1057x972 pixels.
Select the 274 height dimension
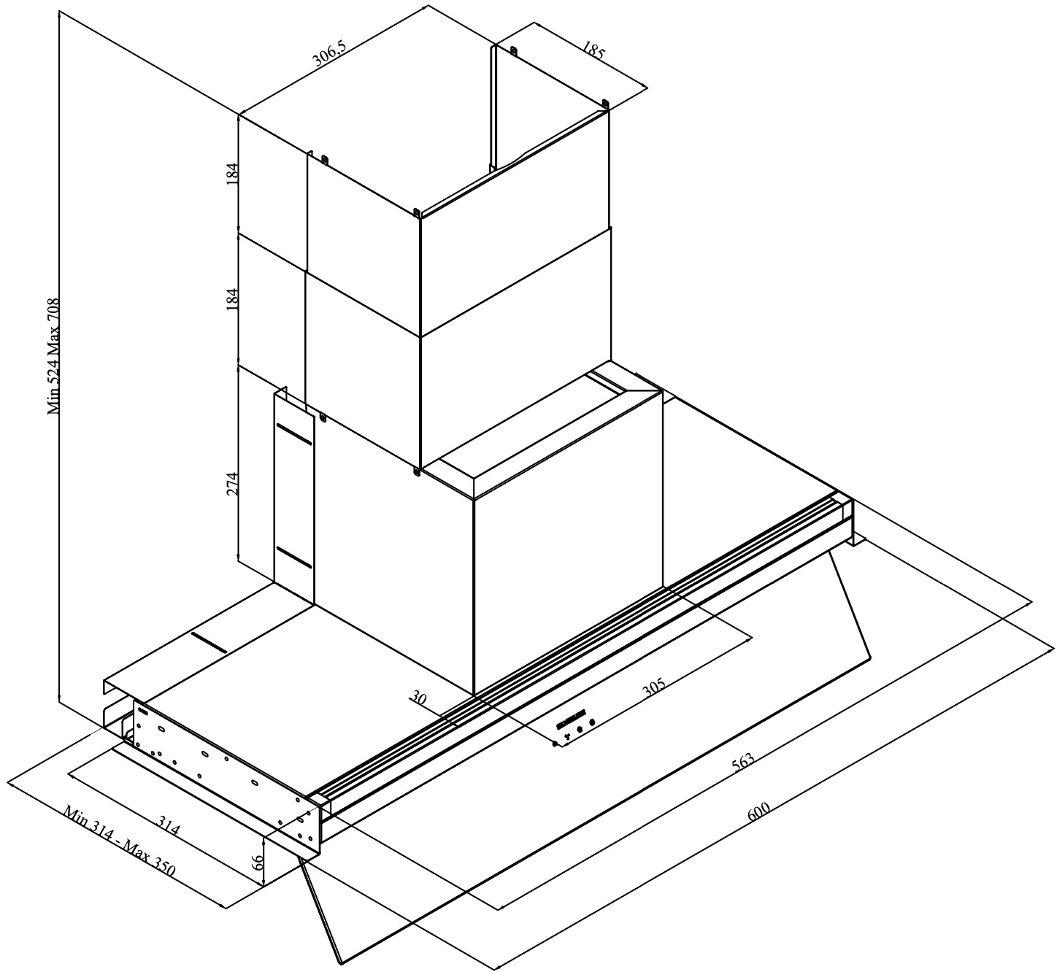[232, 483]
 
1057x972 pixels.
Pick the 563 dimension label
[742, 763]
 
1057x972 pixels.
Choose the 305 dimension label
[653, 687]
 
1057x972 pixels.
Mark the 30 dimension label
[418, 698]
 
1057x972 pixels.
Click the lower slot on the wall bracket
[293, 558]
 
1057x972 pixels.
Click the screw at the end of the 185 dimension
[606, 103]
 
